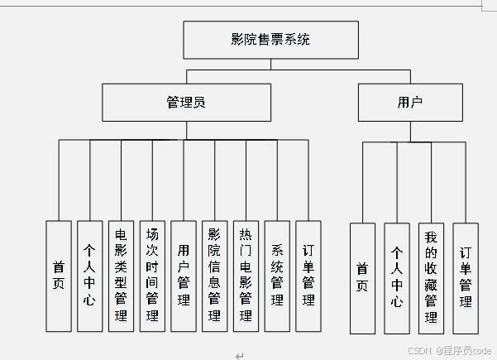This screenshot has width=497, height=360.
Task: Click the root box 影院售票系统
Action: click(270, 40)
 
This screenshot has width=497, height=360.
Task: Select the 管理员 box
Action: click(186, 103)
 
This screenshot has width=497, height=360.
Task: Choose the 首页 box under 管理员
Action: click(58, 276)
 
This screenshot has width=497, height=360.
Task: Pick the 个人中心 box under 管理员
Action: click(89, 276)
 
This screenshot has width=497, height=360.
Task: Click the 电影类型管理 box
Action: click(121, 276)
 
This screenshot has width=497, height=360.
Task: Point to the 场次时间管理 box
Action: click(152, 276)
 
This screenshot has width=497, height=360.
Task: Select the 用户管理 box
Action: click(183, 276)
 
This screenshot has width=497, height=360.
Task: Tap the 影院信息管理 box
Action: click(214, 276)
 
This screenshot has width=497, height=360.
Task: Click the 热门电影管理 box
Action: click(246, 276)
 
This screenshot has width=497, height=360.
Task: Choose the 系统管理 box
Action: click(277, 276)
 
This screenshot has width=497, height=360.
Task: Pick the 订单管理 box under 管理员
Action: click(308, 276)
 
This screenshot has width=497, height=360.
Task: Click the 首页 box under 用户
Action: click(362, 277)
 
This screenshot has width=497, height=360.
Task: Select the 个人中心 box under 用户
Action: click(396, 277)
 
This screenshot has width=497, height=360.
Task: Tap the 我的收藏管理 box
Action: click(431, 277)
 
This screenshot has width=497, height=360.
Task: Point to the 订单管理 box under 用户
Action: click(465, 277)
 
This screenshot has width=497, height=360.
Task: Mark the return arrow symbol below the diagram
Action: click(239, 355)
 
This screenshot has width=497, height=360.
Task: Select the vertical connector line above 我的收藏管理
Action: click(431, 182)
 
